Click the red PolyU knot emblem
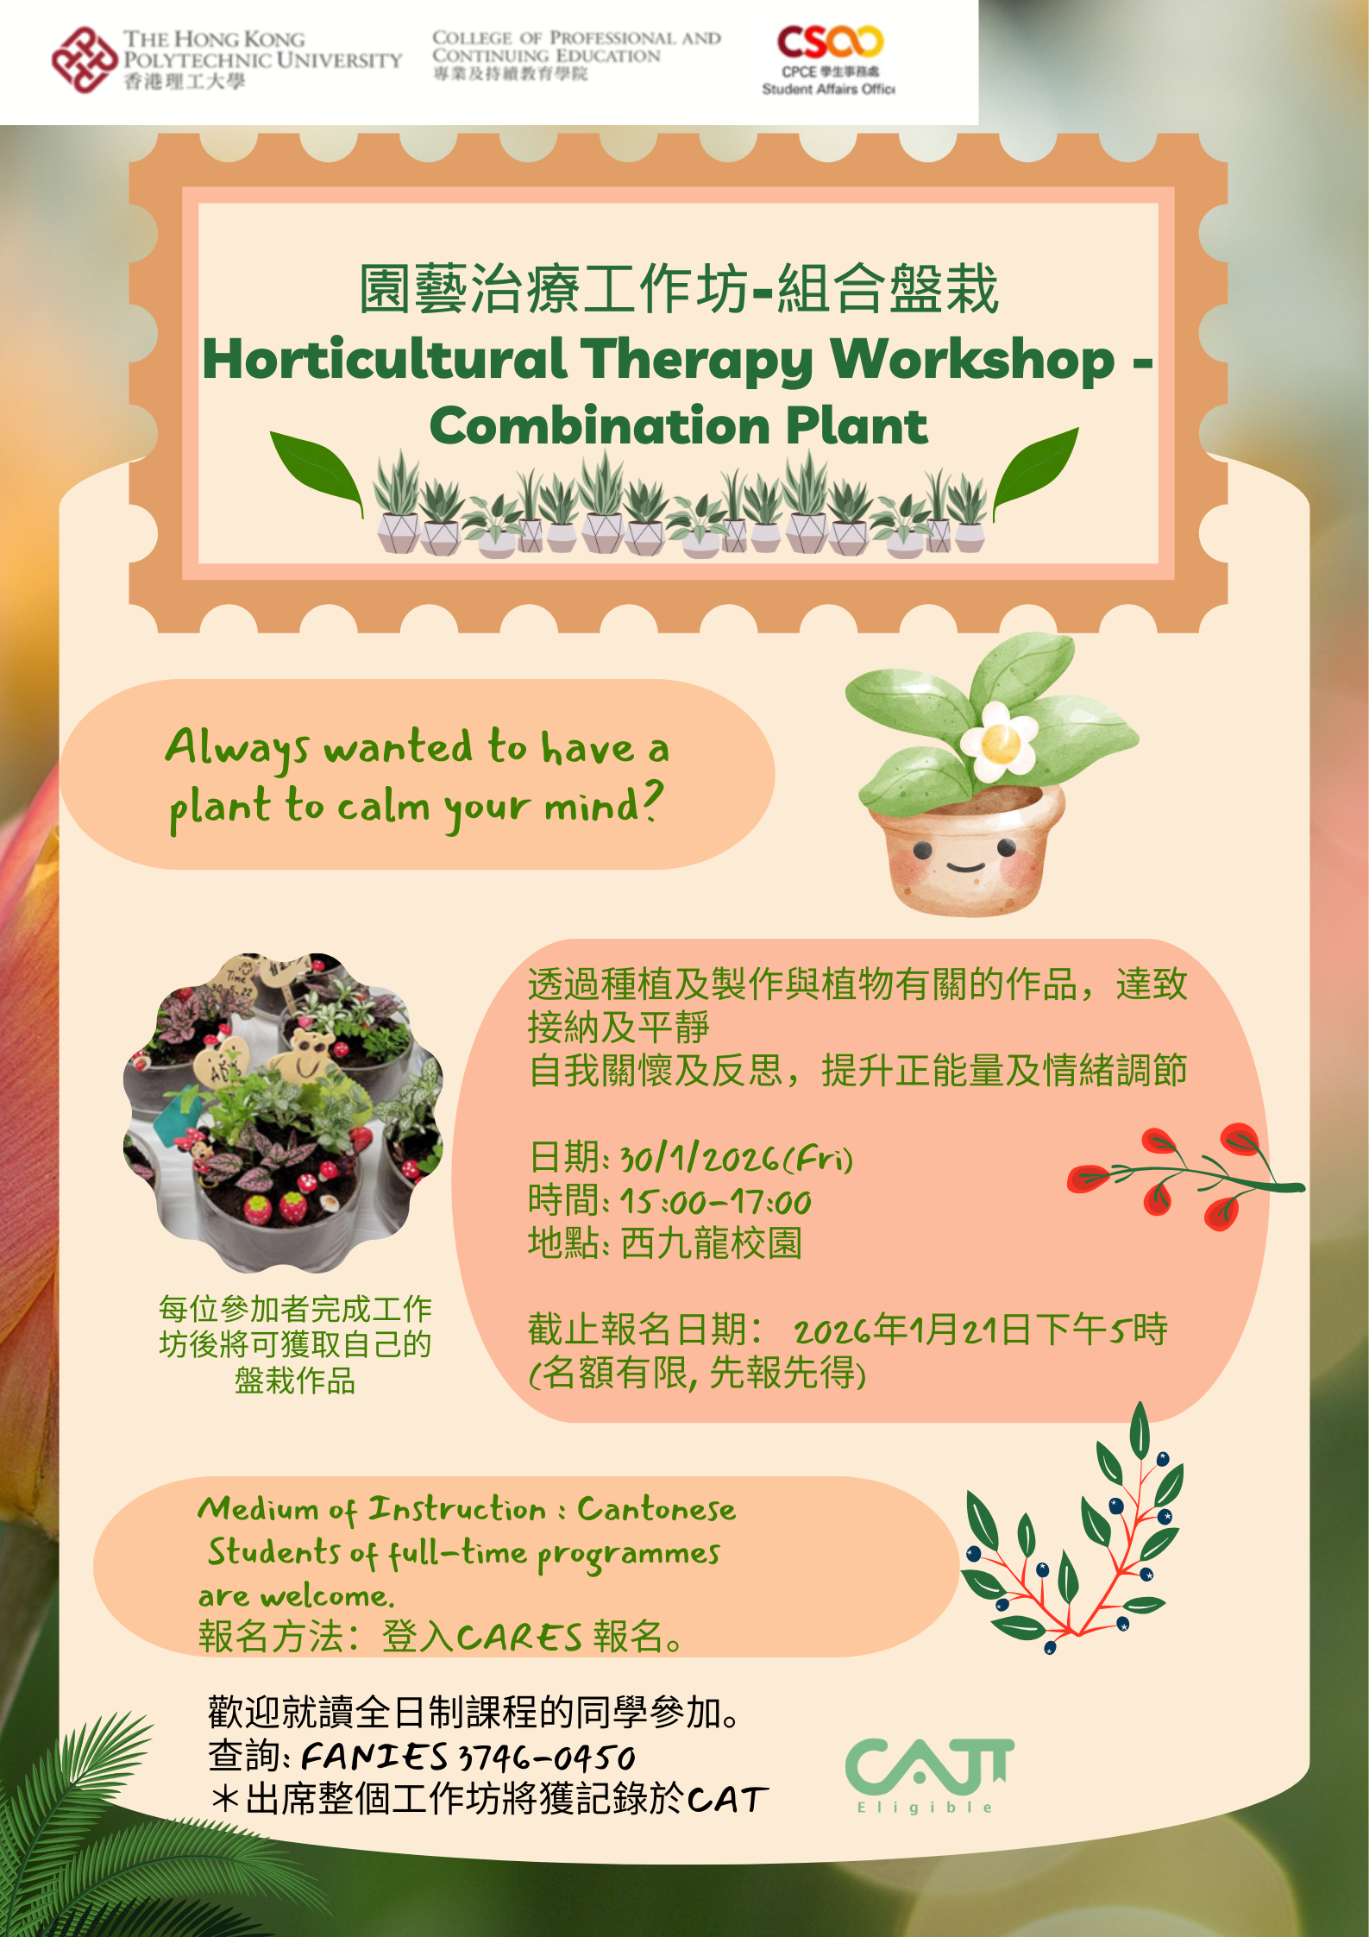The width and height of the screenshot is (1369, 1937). pyautogui.click(x=84, y=60)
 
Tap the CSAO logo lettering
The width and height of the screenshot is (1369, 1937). pyautogui.click(x=830, y=41)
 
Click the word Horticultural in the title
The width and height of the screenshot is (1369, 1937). pyautogui.click(x=385, y=359)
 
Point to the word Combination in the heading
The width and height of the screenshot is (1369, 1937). pyautogui.click(x=600, y=425)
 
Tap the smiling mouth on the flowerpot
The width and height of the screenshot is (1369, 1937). pyautogui.click(x=966, y=865)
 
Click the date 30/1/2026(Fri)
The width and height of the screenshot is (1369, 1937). pyautogui.click(x=737, y=1158)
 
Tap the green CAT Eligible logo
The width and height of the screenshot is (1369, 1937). pyautogui.click(x=928, y=1775)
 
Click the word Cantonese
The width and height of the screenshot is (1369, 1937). pyautogui.click(x=656, y=1509)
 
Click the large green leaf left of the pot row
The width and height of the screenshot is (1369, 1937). pyautogui.click(x=317, y=471)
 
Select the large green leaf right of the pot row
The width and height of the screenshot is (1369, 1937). pyautogui.click(x=1035, y=469)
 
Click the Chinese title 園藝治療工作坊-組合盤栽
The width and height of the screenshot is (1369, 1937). pyautogui.click(x=679, y=288)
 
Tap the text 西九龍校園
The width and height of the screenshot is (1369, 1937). pyautogui.click(x=712, y=1243)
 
